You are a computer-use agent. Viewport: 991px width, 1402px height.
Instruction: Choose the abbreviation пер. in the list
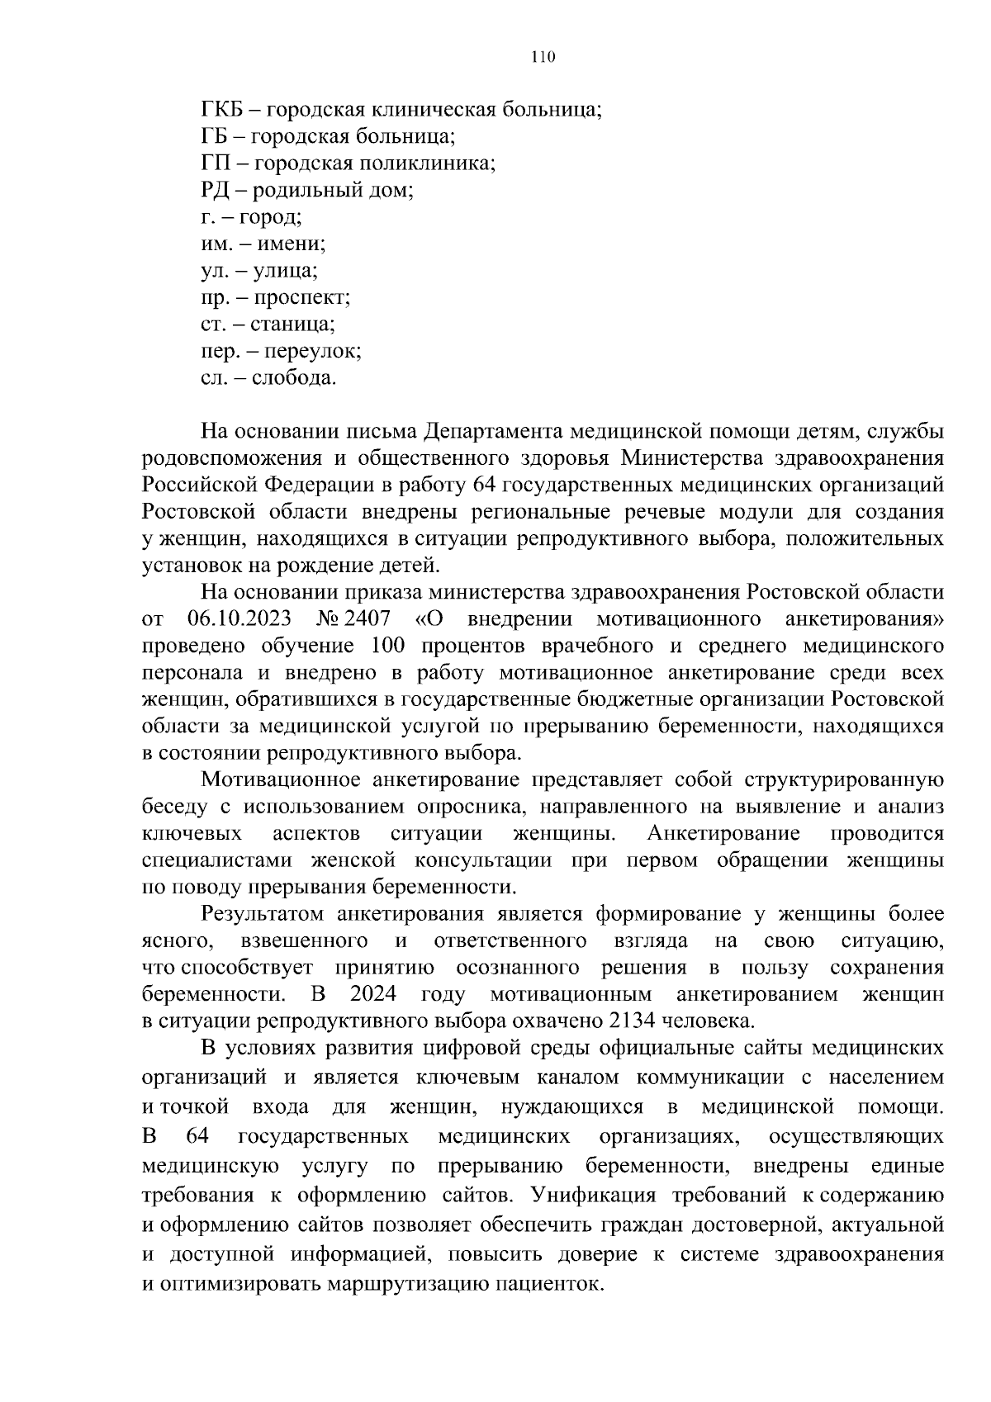(x=218, y=352)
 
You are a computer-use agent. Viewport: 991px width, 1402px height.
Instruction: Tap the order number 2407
(x=368, y=618)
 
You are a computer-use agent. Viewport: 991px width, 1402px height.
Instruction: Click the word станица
(x=292, y=324)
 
